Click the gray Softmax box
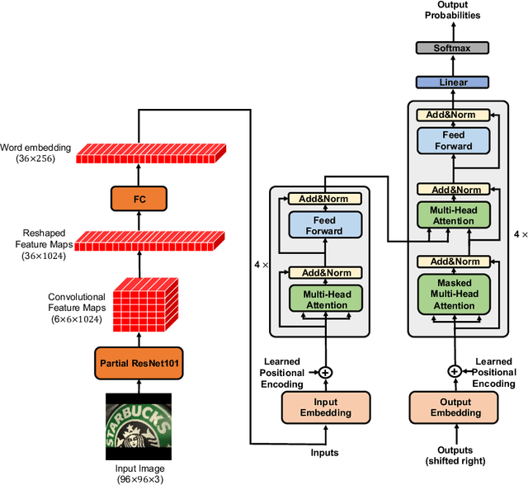[453, 49]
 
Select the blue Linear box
[453, 82]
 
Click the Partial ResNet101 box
[139, 361]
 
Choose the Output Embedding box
[453, 407]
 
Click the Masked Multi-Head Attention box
[453, 294]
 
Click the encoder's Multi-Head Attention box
[325, 299]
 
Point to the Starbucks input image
[139, 427]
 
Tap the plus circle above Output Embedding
[453, 372]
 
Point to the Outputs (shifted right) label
[453, 454]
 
